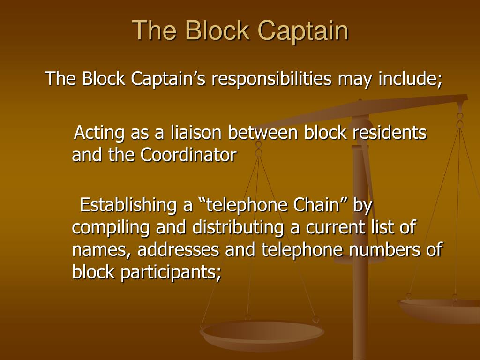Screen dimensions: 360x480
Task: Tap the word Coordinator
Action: coord(189,155)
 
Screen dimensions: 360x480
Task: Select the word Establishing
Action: coord(129,205)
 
